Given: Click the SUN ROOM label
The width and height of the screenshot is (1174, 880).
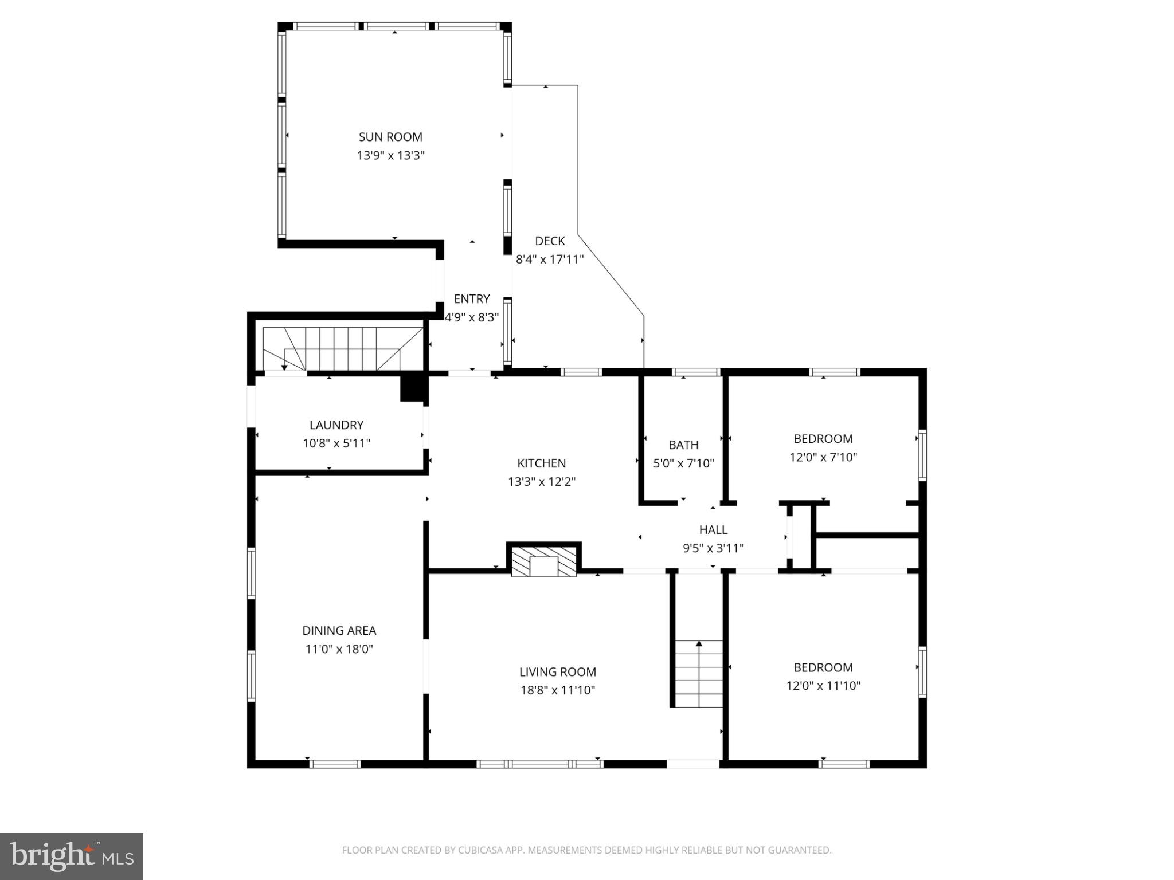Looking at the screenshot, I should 390,137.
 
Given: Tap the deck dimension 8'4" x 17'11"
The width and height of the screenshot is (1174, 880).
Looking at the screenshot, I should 549,260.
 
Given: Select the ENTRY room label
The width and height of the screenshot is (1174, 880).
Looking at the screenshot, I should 471,299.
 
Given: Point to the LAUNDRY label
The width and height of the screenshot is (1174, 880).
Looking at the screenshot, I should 336,425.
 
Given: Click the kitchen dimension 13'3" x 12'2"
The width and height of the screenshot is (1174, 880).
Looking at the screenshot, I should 541,482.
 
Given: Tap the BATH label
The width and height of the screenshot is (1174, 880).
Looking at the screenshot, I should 683,445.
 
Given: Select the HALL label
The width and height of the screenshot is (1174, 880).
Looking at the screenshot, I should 713,530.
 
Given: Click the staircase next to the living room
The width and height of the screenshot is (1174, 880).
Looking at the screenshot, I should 698,674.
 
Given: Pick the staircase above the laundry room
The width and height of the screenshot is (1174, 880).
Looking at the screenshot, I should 343,349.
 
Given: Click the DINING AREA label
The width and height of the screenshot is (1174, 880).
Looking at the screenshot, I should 339,631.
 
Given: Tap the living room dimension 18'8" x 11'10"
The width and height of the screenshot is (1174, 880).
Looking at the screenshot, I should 557,690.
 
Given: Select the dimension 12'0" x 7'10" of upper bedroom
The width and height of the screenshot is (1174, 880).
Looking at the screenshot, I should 823,458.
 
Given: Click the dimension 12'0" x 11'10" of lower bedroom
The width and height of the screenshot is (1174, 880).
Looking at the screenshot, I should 823,686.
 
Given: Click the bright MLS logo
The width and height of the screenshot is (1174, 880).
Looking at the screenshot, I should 72,857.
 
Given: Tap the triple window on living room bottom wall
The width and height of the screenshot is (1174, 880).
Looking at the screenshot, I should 539,764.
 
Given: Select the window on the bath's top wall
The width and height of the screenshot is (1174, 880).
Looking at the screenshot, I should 695,372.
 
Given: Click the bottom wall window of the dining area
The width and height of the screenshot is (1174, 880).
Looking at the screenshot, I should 335,764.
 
